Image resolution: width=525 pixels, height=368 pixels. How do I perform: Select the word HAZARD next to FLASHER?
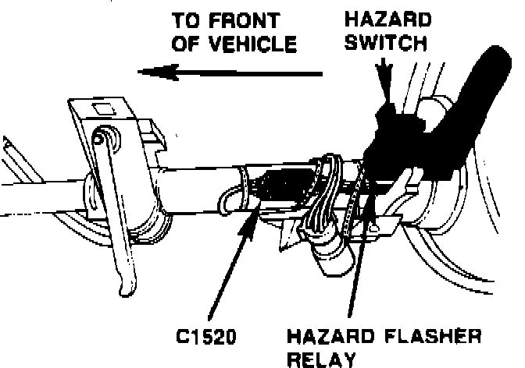pyautogui.click(x=328, y=337)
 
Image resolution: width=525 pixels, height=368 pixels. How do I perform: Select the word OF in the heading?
pyautogui.click(x=186, y=44)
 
